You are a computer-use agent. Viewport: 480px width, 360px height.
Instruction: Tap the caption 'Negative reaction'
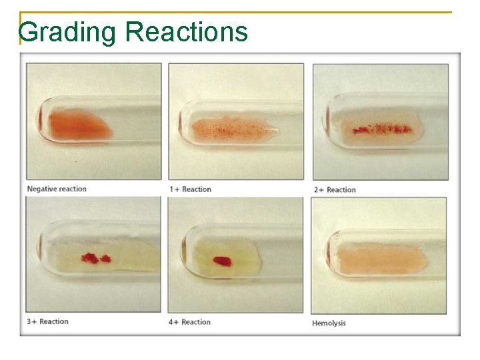tap(57, 189)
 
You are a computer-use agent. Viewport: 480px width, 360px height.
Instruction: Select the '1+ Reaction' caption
tap(190, 189)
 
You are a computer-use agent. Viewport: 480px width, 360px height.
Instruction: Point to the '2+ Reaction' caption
tap(335, 190)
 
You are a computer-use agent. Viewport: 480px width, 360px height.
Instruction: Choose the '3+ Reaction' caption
tap(47, 322)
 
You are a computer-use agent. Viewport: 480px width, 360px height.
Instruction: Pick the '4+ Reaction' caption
tap(190, 322)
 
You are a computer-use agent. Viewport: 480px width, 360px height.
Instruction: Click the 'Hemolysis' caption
tap(329, 323)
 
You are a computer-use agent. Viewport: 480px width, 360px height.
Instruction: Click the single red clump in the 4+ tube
tap(222, 260)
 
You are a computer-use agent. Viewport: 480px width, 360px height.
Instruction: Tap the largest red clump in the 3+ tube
tap(89, 257)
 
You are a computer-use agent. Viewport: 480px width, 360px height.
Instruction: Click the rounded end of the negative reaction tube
tap(40, 121)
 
